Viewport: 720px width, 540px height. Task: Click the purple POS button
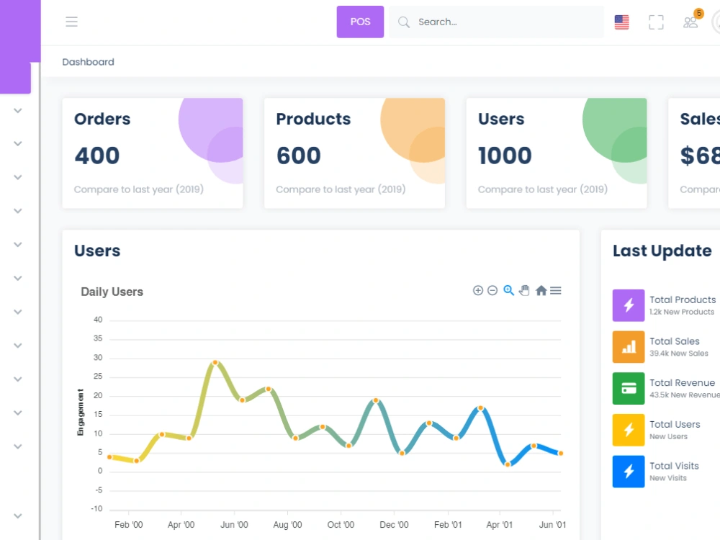[360, 22]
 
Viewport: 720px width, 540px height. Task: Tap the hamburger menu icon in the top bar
[71, 22]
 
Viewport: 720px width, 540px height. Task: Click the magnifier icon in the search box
[404, 22]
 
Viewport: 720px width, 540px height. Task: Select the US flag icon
[622, 22]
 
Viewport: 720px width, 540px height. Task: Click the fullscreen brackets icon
[656, 22]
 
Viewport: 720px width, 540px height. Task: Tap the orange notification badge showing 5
[699, 13]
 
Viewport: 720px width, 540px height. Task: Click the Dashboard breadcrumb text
[88, 62]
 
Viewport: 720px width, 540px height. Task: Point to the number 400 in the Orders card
[97, 156]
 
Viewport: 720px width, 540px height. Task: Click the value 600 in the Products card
[299, 156]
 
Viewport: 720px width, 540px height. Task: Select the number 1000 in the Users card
[505, 156]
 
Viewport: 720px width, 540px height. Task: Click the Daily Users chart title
[112, 292]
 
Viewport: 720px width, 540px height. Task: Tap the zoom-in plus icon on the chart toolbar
[478, 290]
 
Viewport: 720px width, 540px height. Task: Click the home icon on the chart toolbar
[541, 290]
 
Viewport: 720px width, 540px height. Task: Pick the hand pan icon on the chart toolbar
[524, 290]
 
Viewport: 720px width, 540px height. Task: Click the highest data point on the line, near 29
[215, 363]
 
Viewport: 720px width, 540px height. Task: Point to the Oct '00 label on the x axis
[341, 524]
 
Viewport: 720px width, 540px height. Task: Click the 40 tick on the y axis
[98, 320]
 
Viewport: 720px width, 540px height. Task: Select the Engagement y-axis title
[81, 412]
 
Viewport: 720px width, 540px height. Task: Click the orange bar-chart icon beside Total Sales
[629, 347]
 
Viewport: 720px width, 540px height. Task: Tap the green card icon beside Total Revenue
[629, 389]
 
